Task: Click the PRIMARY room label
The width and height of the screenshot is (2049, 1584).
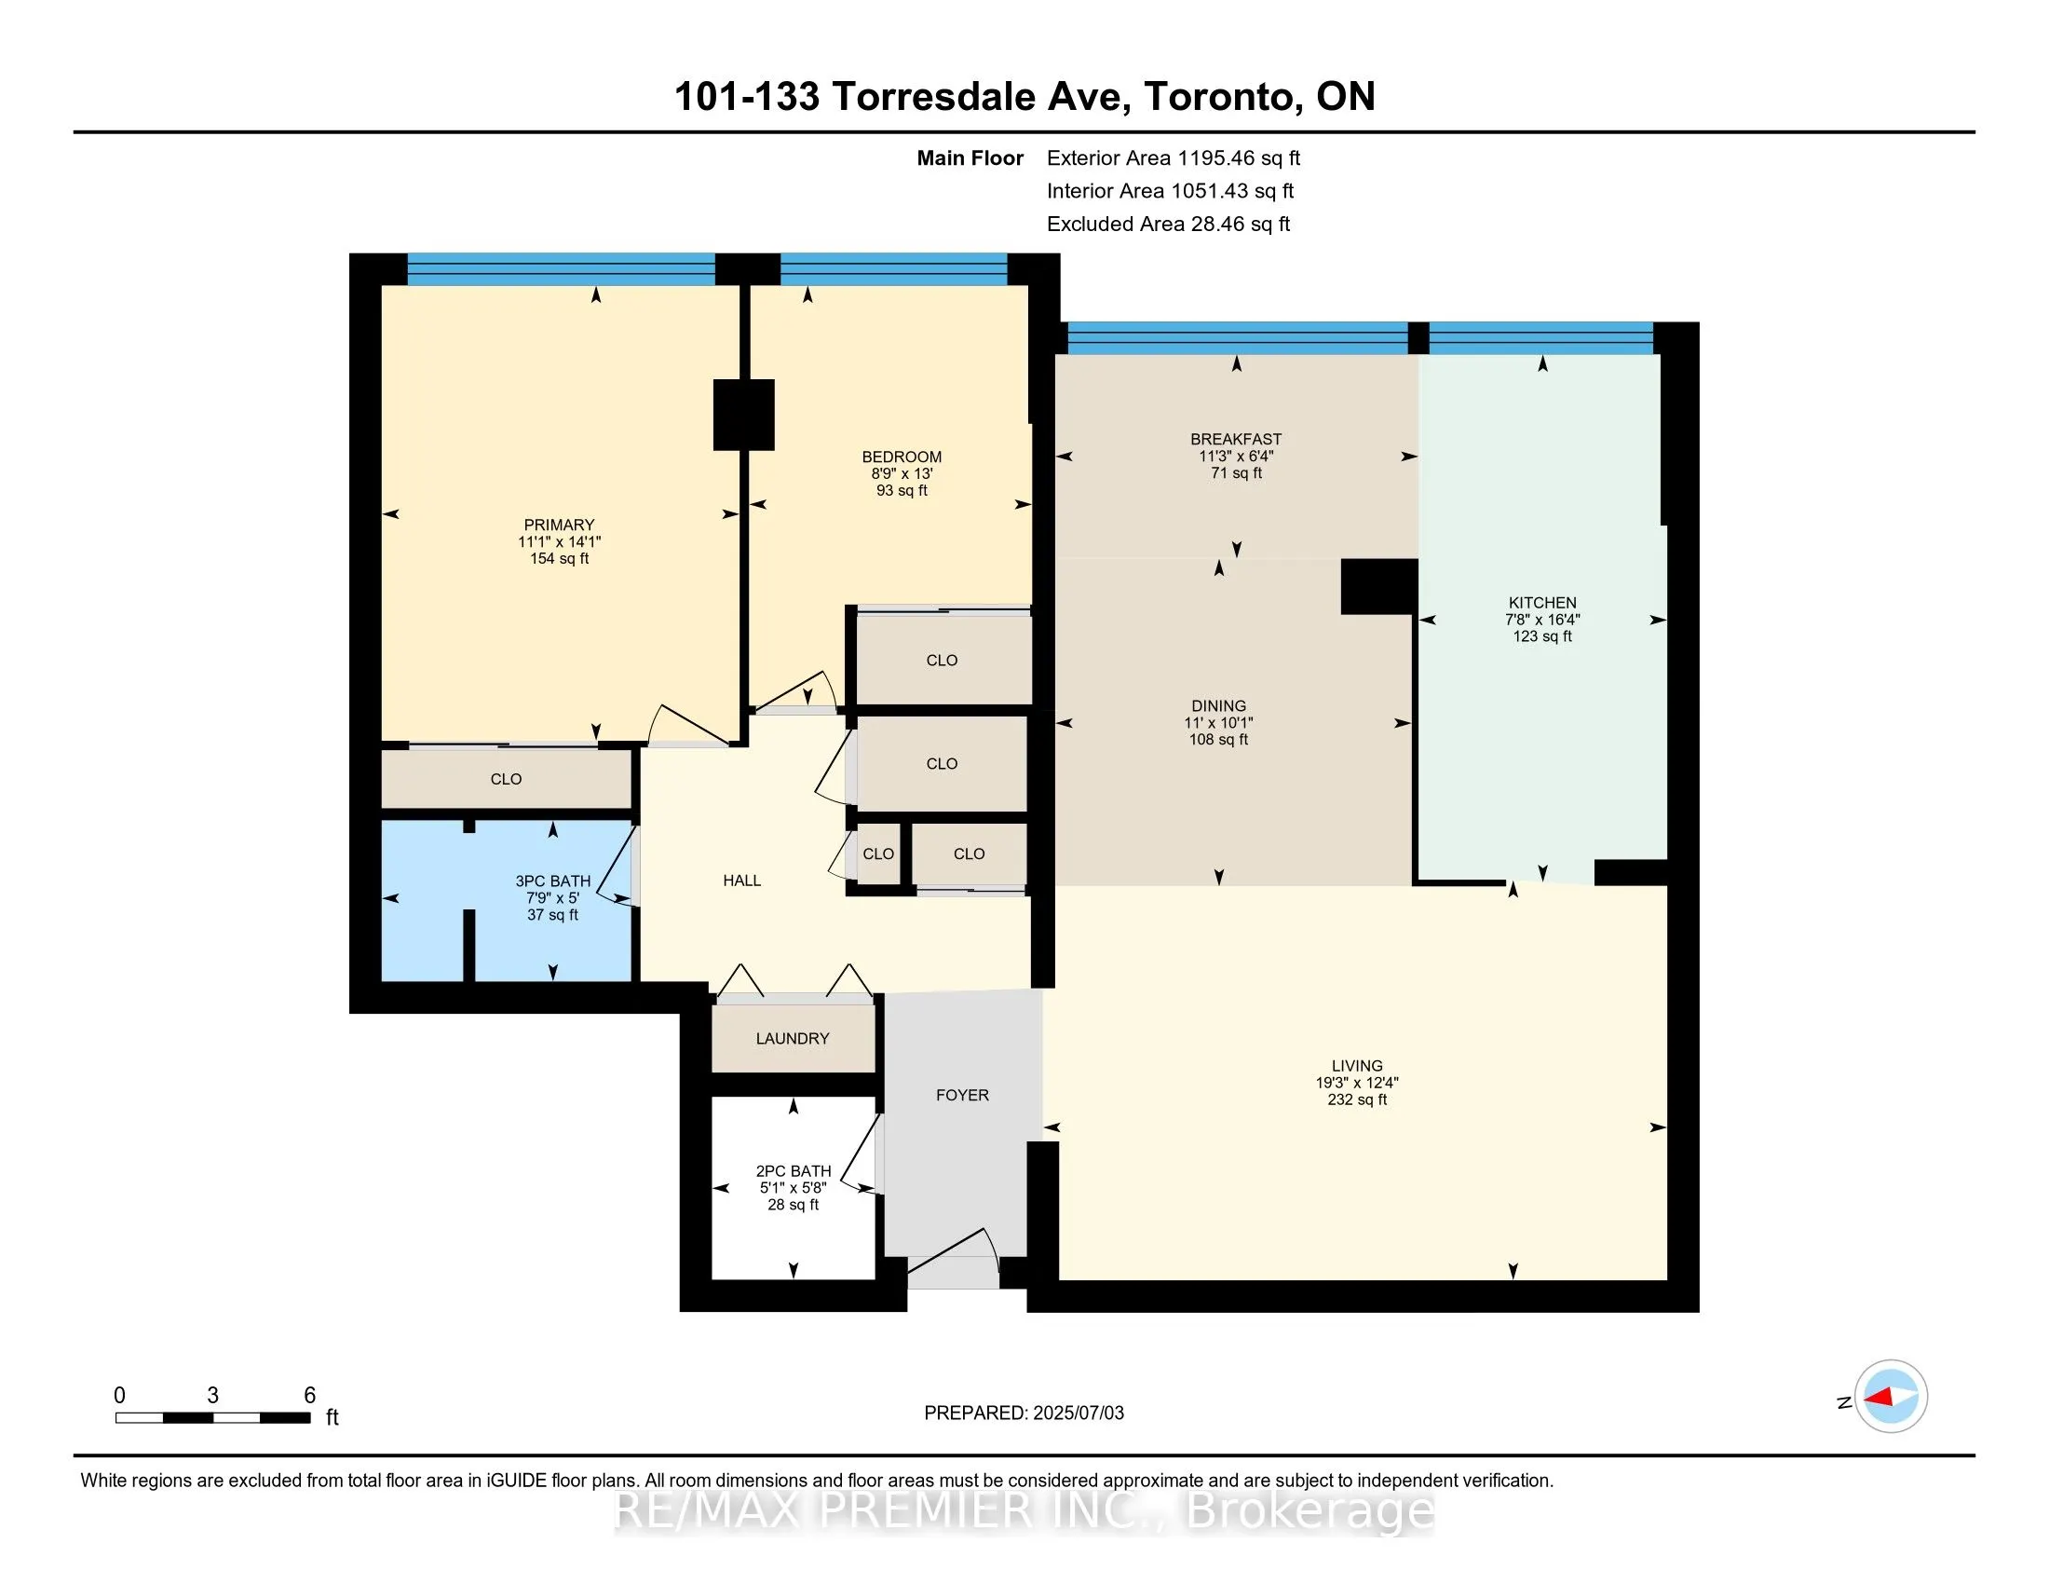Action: pyautogui.click(x=559, y=525)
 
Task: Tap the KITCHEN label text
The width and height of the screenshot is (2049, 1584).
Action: pyautogui.click(x=1542, y=603)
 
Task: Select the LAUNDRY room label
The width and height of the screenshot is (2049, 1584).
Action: pyautogui.click(x=793, y=1038)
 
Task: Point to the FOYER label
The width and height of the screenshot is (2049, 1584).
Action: pyautogui.click(x=963, y=1095)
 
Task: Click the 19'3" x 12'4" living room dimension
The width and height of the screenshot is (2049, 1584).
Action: pyautogui.click(x=1357, y=1082)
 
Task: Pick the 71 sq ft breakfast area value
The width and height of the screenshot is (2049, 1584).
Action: pyautogui.click(x=1237, y=473)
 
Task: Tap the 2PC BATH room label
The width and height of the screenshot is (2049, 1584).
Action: pyautogui.click(x=794, y=1171)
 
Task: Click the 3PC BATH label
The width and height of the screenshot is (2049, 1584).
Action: pyautogui.click(x=552, y=881)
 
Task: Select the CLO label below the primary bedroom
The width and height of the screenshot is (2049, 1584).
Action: pyautogui.click(x=506, y=779)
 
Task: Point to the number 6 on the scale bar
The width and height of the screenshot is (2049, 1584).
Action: pyautogui.click(x=309, y=1396)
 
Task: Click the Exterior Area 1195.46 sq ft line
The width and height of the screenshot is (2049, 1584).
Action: pyautogui.click(x=1174, y=157)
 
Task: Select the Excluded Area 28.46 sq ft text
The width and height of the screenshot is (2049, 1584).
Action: pyautogui.click(x=1169, y=224)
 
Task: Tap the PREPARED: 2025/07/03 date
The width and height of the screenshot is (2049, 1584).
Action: pyautogui.click(x=1024, y=1413)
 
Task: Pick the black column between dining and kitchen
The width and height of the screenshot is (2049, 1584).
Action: pyautogui.click(x=1378, y=586)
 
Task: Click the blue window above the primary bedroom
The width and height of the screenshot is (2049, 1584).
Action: pyautogui.click(x=561, y=269)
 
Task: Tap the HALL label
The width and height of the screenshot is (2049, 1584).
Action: pyautogui.click(x=742, y=881)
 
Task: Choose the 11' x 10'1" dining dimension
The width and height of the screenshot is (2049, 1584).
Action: pyautogui.click(x=1219, y=722)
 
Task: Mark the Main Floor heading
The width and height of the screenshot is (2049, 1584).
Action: pyautogui.click(x=970, y=157)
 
